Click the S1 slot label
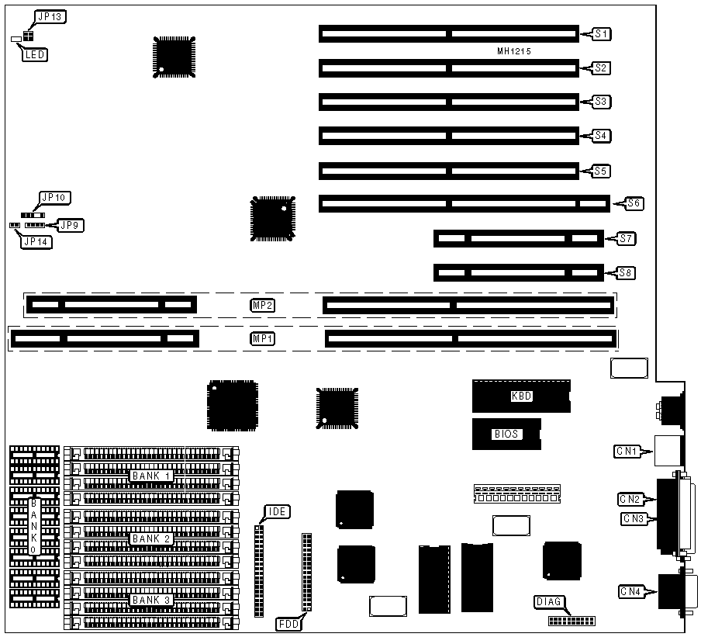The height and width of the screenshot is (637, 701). [601, 33]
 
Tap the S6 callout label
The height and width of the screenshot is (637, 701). [634, 204]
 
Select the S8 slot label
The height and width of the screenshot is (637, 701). [626, 272]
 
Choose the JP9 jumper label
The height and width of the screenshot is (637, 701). [73, 226]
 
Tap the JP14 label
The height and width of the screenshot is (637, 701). [36, 241]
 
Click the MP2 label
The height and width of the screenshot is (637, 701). [262, 305]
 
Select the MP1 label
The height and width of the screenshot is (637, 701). [262, 339]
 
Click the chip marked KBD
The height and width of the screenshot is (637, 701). [521, 396]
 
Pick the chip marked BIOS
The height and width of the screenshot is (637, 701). [506, 434]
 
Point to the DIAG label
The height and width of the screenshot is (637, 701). [549, 601]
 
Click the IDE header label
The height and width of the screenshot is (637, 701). [277, 511]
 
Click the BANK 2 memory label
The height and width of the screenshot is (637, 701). [147, 538]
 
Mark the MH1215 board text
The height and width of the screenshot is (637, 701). [519, 51]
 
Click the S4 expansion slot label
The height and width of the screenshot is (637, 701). [601, 136]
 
